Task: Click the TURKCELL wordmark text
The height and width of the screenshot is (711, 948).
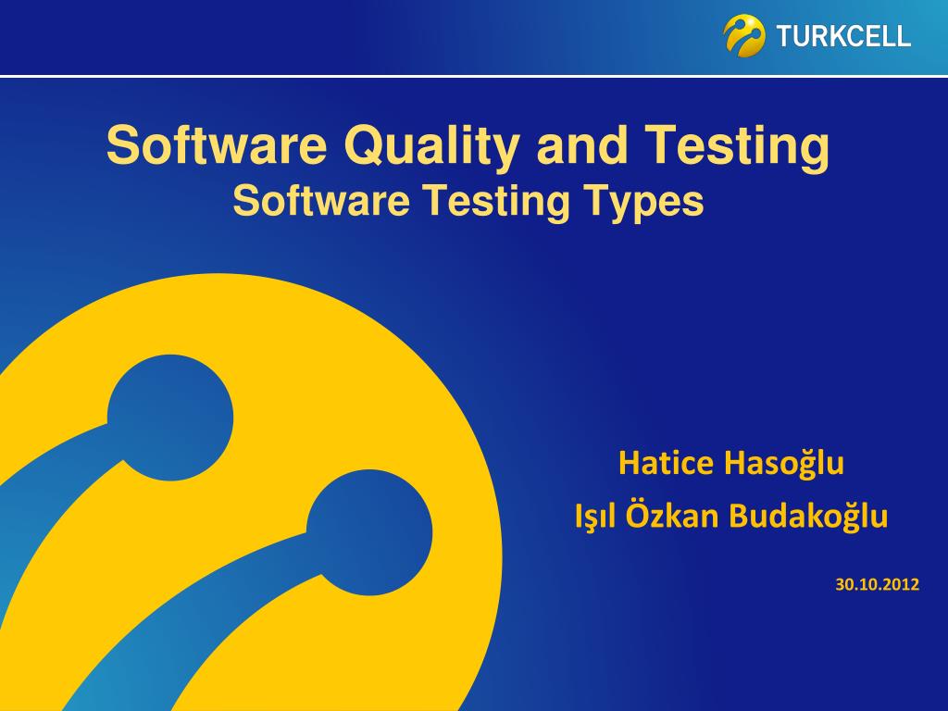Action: (843, 37)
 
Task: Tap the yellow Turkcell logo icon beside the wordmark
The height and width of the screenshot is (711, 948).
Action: (744, 35)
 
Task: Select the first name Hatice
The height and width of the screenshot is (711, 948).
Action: (667, 462)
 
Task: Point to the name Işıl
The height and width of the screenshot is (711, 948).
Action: (596, 516)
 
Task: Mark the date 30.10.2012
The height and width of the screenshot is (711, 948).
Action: (877, 584)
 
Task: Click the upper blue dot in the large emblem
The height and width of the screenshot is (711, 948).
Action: (170, 418)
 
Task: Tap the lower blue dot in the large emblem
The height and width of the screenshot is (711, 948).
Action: (369, 532)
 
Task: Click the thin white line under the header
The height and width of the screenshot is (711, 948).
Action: (474, 76)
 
